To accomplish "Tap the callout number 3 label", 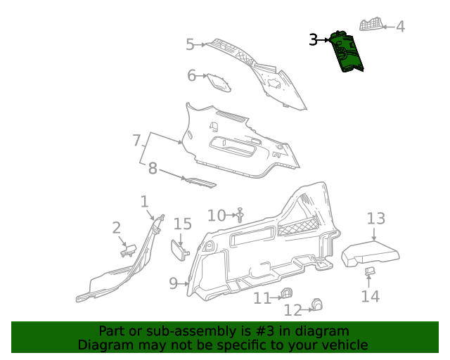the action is click(314, 40).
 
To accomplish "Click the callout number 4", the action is click(400, 27).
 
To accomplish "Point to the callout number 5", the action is click(190, 45).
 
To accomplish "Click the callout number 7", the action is click(137, 141).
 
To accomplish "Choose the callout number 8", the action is click(153, 169).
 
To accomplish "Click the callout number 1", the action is click(144, 202).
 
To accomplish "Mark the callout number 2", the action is click(117, 228).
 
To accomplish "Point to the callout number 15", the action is click(182, 224).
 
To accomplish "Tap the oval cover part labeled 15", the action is click(179, 249).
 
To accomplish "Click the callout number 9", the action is click(174, 283).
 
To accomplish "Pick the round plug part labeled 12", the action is click(317, 304).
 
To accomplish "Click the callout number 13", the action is click(376, 218).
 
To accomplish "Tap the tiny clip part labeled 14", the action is click(370, 271).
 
